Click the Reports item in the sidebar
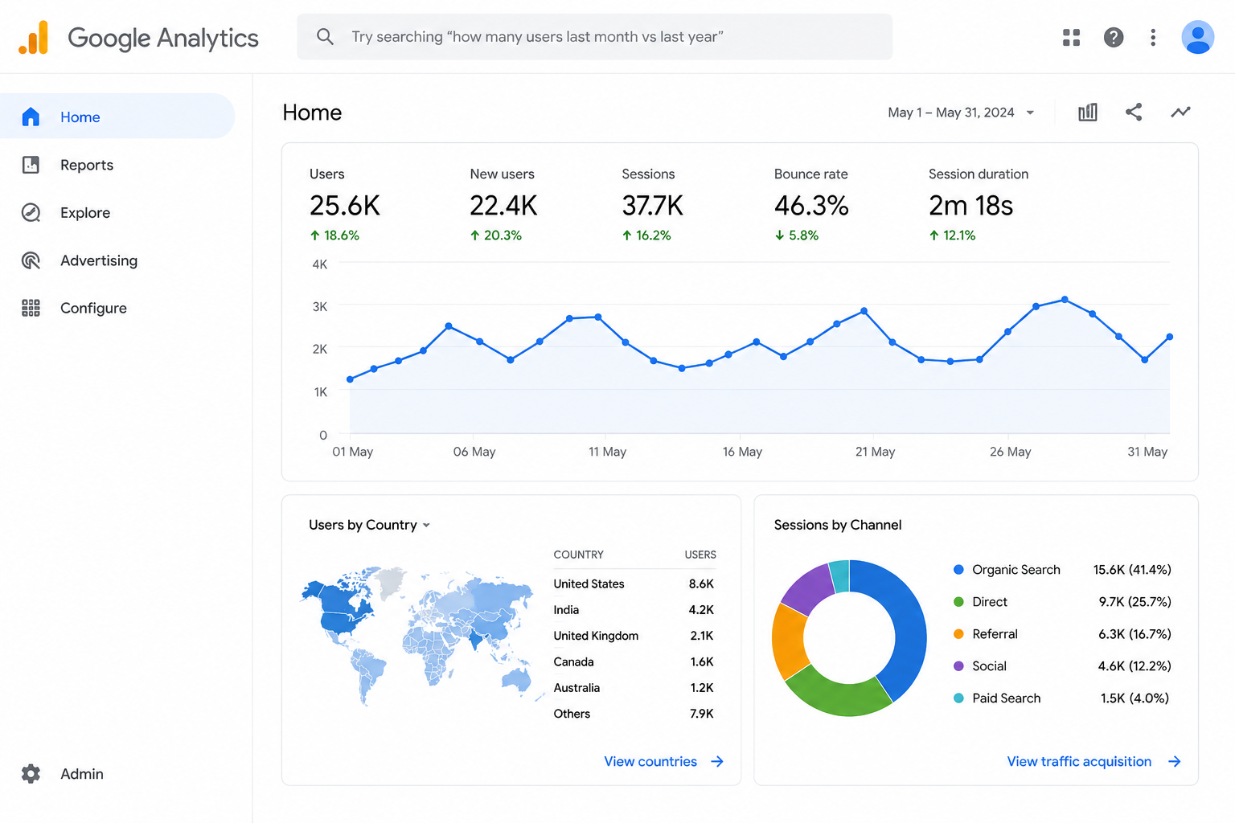click(x=87, y=165)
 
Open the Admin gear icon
click(x=31, y=773)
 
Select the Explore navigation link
click(x=85, y=213)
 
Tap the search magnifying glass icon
click(x=325, y=37)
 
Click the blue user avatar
click(x=1197, y=37)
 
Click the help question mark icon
click(x=1113, y=37)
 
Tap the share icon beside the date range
click(x=1134, y=112)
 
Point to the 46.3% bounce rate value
click(x=811, y=206)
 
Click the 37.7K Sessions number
click(x=652, y=206)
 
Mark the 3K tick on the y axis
click(x=320, y=306)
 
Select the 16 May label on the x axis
click(x=742, y=452)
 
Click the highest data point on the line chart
click(x=1065, y=299)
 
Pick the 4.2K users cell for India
click(x=701, y=610)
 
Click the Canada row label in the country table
click(x=573, y=661)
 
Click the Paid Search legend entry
click(x=997, y=698)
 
